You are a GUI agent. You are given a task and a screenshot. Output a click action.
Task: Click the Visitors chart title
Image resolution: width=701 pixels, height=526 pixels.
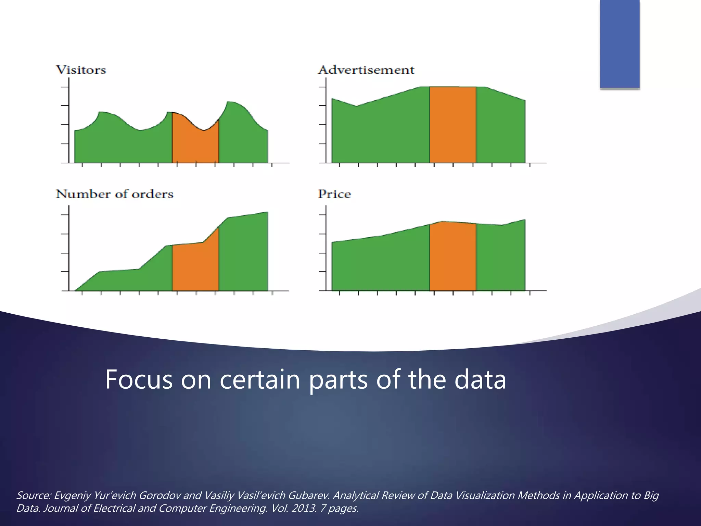[x=81, y=70]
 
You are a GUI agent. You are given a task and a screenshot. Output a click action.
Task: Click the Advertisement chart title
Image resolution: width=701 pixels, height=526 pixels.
[x=366, y=70]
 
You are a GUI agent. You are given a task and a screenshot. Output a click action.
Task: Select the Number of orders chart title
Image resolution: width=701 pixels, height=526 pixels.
[x=115, y=194]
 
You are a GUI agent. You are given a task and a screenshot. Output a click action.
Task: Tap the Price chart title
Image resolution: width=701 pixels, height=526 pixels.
[x=334, y=194]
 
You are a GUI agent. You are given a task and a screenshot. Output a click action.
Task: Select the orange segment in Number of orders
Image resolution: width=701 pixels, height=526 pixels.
[x=195, y=267]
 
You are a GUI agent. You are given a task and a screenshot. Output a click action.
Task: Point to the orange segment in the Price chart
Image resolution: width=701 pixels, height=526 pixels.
[x=453, y=257]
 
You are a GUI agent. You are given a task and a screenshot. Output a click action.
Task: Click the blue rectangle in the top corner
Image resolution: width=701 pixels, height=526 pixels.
[x=620, y=44]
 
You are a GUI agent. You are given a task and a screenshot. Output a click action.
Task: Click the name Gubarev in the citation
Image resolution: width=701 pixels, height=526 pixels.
[x=309, y=496]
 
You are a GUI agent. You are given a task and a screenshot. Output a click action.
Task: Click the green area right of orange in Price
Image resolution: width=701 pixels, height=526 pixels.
[x=500, y=257]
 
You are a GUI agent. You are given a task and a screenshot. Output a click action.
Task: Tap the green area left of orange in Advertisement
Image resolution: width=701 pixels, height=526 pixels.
[x=380, y=130]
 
